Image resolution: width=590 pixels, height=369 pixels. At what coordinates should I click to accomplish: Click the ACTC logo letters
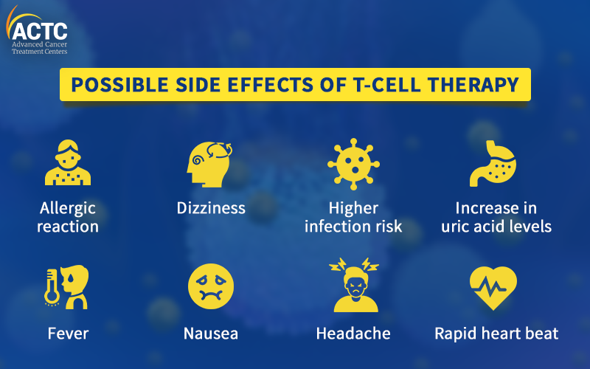(40, 31)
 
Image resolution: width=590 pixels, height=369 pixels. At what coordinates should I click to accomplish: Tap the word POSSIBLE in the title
(119, 84)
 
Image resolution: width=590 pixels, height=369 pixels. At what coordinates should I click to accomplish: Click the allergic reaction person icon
(68, 162)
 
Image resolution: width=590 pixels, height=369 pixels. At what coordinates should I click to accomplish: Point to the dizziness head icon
(209, 164)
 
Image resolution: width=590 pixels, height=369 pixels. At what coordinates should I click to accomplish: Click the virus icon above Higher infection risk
(353, 164)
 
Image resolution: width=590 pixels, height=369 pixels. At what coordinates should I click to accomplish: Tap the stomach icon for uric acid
(493, 163)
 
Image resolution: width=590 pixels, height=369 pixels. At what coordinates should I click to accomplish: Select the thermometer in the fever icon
(52, 287)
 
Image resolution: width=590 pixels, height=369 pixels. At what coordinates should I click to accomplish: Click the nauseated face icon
(211, 286)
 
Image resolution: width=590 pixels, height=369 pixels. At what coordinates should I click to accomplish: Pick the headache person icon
(354, 285)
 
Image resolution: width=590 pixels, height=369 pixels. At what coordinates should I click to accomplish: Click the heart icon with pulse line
(493, 288)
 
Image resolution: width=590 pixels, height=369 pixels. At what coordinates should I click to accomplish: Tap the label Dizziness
(211, 208)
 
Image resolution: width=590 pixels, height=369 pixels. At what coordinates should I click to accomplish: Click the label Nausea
(211, 334)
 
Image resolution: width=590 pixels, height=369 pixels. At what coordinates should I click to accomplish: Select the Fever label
(68, 334)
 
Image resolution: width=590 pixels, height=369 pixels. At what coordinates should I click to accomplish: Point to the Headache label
(353, 334)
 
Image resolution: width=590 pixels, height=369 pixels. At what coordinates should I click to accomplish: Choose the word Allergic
(68, 209)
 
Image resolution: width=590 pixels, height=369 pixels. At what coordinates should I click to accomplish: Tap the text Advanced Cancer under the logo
(40, 44)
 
